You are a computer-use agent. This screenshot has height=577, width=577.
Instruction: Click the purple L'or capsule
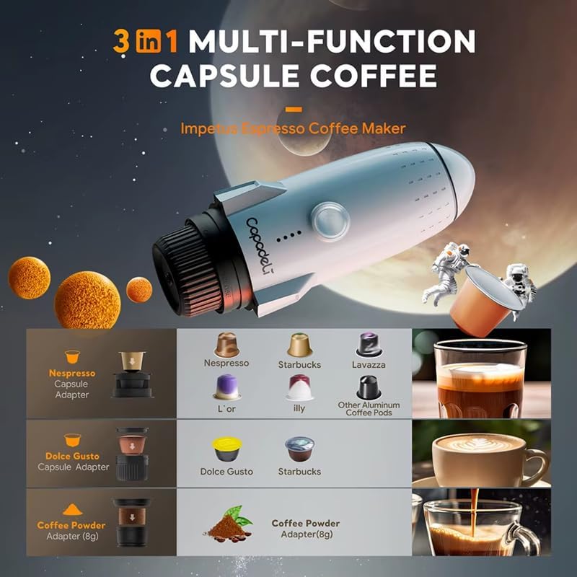tap(226, 387)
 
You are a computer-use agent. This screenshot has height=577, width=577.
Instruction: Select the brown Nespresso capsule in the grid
tap(226, 344)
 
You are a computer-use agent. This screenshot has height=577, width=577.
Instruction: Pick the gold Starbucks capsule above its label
tap(299, 344)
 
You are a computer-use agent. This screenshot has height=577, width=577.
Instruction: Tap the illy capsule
tap(299, 387)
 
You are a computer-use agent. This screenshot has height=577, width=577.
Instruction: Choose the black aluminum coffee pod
tap(369, 387)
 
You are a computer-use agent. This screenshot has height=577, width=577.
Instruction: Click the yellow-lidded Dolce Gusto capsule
tap(226, 449)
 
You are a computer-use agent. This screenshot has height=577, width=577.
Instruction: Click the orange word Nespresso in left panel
tap(71, 374)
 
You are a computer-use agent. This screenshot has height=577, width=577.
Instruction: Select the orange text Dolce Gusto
tap(71, 457)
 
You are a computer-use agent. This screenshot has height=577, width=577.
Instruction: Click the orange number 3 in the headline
tap(122, 41)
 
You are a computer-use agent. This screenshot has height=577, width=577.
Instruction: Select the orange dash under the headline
tap(293, 110)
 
